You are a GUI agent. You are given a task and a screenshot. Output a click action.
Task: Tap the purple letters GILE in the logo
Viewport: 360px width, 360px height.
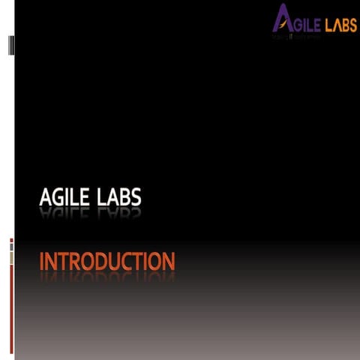click(308, 25)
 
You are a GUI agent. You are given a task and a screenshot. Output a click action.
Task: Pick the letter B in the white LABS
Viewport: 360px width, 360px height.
click(124, 198)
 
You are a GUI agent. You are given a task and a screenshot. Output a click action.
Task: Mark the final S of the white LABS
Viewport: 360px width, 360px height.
click(136, 198)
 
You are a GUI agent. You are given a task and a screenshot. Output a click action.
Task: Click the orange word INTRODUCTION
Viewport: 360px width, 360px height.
click(106, 262)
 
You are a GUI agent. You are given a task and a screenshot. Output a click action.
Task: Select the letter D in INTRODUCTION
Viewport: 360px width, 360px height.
click(98, 262)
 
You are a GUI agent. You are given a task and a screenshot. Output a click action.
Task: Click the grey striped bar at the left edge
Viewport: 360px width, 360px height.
click(10, 45)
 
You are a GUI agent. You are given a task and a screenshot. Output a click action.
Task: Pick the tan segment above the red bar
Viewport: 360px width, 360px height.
click(11, 257)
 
